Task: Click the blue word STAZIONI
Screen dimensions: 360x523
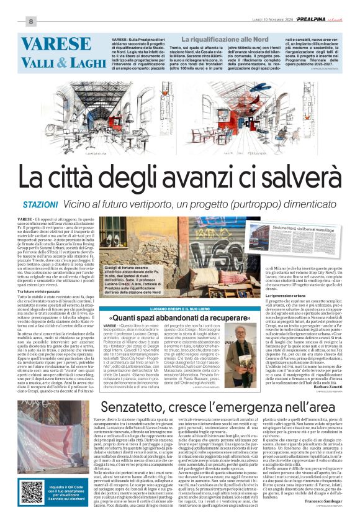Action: [41, 204]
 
